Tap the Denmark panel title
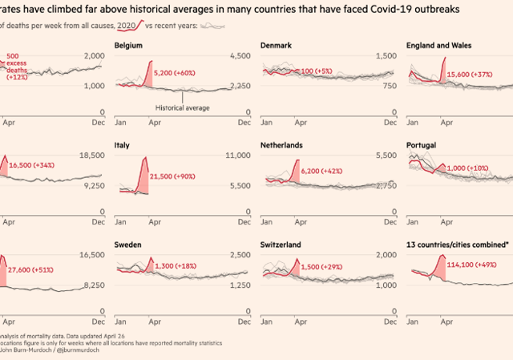tap(277, 47)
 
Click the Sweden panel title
tap(128, 244)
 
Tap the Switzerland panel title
tap(284, 244)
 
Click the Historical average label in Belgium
tap(183, 107)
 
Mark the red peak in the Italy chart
tap(145, 159)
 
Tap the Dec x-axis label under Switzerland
tap(390, 323)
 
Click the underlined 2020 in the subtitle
tap(126, 26)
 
